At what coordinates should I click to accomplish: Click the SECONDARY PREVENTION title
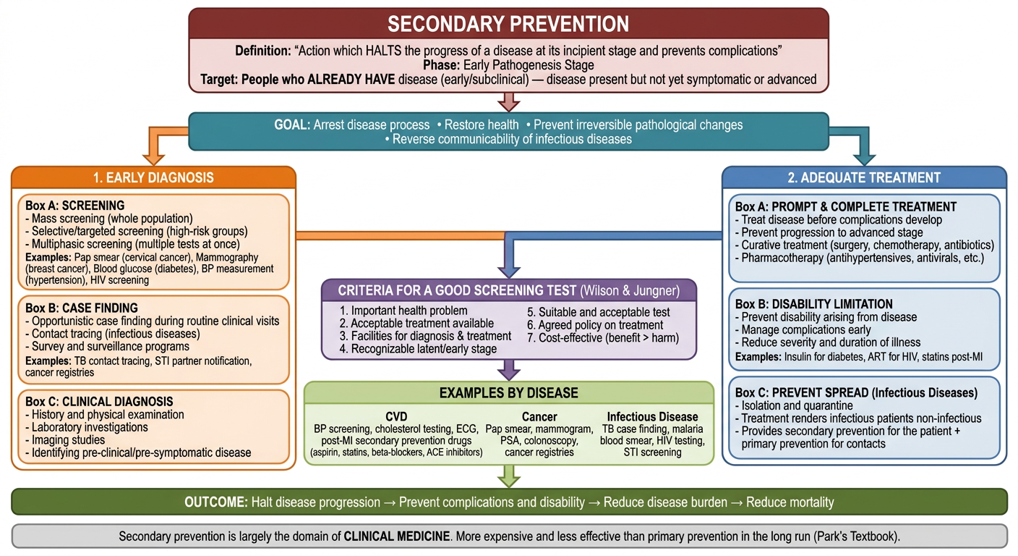tap(508, 24)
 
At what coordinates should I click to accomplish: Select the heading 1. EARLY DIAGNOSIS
tap(153, 177)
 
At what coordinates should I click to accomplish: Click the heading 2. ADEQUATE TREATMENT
tap(864, 177)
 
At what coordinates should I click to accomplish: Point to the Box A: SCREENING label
tap(75, 206)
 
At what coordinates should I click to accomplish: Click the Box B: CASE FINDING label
tap(82, 308)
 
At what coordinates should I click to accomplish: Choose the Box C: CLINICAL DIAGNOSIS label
tap(99, 402)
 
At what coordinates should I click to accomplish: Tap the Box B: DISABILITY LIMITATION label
tap(814, 304)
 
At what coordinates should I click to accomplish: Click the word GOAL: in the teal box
tap(292, 125)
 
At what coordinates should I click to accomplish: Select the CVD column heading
tap(396, 417)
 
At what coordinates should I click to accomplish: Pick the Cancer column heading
tap(539, 417)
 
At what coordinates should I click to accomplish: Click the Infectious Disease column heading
tap(653, 417)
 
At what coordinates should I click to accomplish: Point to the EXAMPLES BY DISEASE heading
tap(508, 392)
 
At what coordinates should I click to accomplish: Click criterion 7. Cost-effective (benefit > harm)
tap(603, 337)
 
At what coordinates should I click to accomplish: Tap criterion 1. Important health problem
tap(403, 311)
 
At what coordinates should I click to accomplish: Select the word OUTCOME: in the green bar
tap(216, 502)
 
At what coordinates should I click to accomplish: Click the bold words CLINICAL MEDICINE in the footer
tap(397, 536)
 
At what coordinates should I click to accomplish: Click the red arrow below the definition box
tap(509, 102)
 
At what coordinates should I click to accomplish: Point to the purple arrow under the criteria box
tap(509, 370)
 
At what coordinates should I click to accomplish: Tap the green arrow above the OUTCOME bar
tap(509, 476)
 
